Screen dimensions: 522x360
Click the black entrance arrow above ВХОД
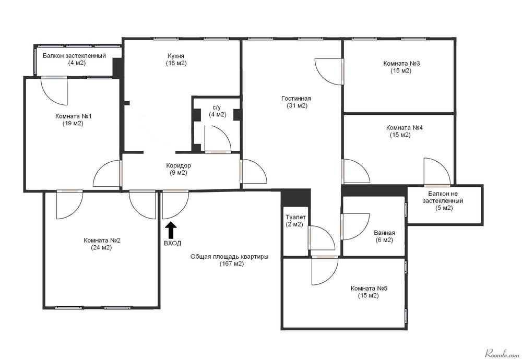tap(171, 230)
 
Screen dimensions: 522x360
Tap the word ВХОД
tap(172, 243)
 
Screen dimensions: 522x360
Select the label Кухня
tap(176, 56)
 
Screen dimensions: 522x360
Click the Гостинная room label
tap(296, 99)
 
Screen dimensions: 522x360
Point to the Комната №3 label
tap(401, 63)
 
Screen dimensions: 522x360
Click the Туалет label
tap(295, 217)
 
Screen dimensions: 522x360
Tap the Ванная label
tap(384, 233)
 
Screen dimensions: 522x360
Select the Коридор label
tap(179, 165)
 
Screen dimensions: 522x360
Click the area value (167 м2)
tap(232, 264)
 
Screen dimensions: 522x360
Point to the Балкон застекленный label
tap(74, 55)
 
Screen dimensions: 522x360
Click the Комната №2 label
tap(101, 240)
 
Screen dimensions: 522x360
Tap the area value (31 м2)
tap(297, 106)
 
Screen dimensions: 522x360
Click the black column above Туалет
tap(295, 198)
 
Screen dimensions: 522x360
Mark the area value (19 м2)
tap(73, 124)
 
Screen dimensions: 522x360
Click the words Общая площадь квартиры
tap(229, 257)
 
